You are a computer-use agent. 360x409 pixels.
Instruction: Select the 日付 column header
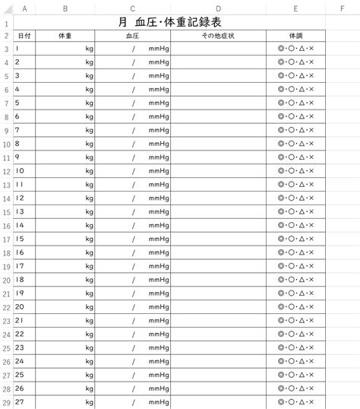coord(24,36)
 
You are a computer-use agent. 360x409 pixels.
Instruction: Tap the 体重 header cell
coord(65,36)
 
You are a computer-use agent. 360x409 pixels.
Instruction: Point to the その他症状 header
coord(218,36)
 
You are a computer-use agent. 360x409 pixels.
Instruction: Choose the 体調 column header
coord(295,36)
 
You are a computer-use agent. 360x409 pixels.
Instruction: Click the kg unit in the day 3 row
coord(89,76)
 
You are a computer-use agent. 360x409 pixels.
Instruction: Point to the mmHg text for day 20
coord(159,307)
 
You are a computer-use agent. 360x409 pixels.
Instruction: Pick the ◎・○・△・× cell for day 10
coord(295,171)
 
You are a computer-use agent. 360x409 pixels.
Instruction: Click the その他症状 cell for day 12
coord(218,198)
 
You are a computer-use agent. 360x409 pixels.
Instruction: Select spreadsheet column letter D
coord(218,9)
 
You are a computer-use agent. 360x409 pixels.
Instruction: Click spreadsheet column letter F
coord(342,9)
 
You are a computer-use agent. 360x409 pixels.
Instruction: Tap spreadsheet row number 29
coord(6,402)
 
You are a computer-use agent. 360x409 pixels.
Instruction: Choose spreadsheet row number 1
coord(6,23)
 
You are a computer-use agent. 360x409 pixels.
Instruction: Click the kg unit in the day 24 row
coord(89,362)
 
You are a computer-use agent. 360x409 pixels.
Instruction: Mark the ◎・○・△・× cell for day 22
coord(295,334)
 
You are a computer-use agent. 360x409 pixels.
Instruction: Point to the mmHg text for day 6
coord(159,117)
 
